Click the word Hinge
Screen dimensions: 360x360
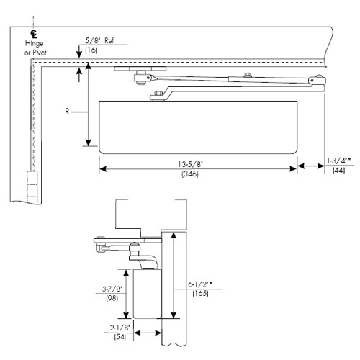click(x=33, y=44)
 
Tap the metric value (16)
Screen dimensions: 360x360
click(x=91, y=51)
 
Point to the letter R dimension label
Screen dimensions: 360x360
click(x=66, y=112)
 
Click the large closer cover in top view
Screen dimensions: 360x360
click(x=197, y=126)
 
